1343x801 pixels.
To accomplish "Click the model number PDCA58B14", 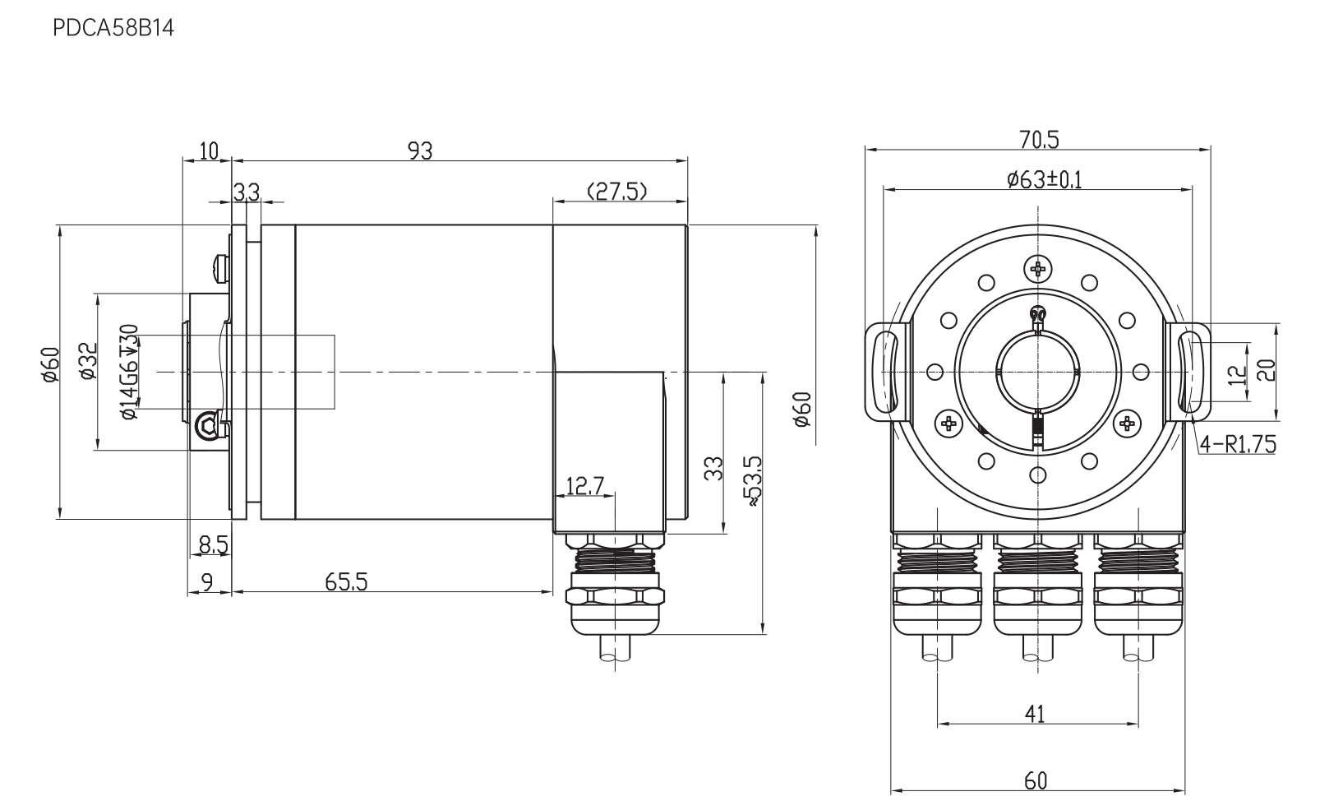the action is (x=113, y=28).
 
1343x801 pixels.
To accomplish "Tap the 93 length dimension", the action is (x=420, y=150).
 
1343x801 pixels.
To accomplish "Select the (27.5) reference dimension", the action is (x=617, y=192).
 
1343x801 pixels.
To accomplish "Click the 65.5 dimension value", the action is (x=346, y=582).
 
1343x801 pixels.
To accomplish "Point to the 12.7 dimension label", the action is (x=585, y=485).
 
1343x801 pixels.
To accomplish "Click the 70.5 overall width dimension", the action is (x=1039, y=140).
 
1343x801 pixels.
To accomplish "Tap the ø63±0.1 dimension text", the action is (x=1045, y=179).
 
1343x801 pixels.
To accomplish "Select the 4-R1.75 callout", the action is (x=1238, y=445).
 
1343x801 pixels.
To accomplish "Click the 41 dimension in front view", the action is (x=1035, y=714).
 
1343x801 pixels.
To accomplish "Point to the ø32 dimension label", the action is (x=88, y=360).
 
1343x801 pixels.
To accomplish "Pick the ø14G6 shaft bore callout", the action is (x=130, y=372).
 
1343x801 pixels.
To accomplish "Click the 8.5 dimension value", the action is (x=214, y=545).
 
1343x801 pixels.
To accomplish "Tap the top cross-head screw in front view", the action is (x=1038, y=268).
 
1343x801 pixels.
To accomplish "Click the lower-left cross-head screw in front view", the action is (x=948, y=424).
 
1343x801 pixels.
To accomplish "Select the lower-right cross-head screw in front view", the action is (x=1127, y=424).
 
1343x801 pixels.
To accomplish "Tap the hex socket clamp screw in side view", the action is (x=207, y=426).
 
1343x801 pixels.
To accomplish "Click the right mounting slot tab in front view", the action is (x=1189, y=372).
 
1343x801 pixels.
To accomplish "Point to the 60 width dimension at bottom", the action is (x=1036, y=780).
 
